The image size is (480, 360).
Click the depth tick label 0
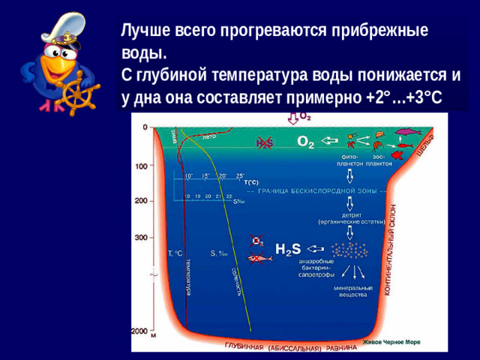pos(145,127)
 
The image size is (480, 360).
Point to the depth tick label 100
pos(141,166)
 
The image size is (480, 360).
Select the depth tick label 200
pos(141,201)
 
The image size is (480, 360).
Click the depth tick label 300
pos(141,238)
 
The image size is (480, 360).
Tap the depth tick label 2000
pos(139,330)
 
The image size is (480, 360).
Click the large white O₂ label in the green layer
pos(305,142)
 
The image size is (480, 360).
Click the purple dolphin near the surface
pos(405,132)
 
